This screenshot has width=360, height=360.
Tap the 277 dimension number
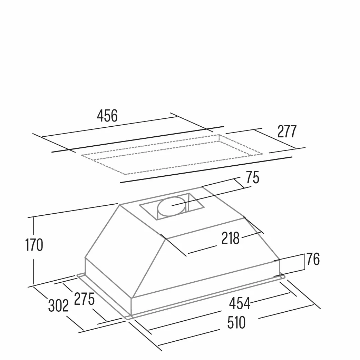coord(287,131)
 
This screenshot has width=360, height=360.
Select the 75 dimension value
coord(253,177)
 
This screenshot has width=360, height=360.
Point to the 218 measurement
coord(231,238)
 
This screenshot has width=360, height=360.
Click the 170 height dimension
coord(34,245)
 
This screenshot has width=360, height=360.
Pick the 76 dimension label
coord(313,259)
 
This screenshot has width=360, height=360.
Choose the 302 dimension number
coord(58,305)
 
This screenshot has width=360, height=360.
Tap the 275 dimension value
coord(84,299)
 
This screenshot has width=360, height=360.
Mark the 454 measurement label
coord(240,303)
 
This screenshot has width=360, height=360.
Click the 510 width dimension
coord(236,323)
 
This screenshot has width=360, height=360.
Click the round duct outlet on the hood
coord(172,206)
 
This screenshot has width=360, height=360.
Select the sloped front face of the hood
coord(207,260)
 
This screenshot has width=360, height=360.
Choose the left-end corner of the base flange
coord(78,275)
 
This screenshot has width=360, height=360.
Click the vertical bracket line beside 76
coord(304,262)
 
